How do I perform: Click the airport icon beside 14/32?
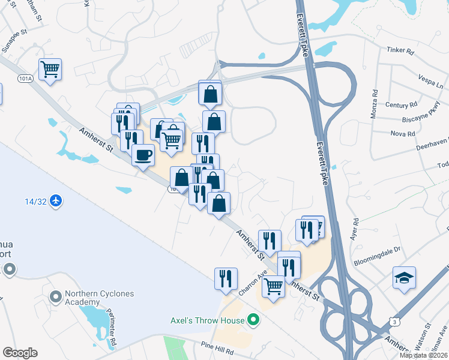pos(56,199)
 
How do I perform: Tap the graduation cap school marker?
pos(405,278)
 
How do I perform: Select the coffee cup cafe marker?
pos(143,156)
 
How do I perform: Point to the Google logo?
pos(20,353)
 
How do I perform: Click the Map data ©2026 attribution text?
pos(424,355)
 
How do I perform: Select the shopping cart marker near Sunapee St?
pos(50,69)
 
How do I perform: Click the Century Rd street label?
pos(397,105)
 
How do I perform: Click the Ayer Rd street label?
pos(355,229)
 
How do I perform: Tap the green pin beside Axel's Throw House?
pos(253,320)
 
